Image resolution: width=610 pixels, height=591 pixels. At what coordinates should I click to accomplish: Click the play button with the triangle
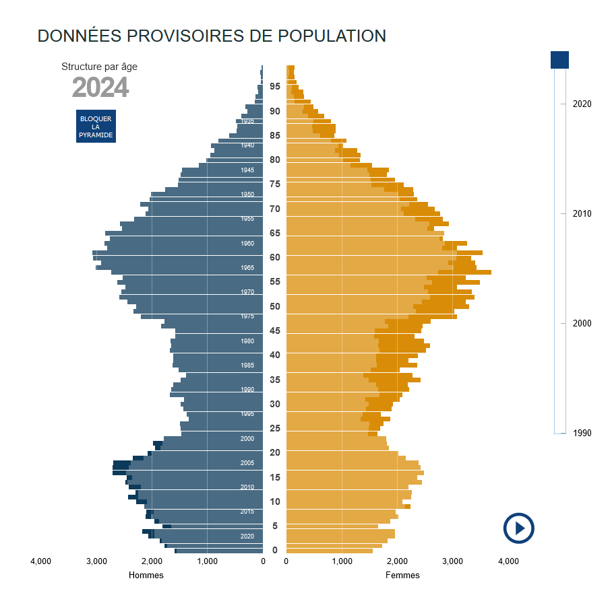[518, 528]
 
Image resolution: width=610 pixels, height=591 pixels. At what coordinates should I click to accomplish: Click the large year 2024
[100, 88]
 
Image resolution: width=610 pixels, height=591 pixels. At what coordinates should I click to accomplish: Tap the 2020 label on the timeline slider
[582, 104]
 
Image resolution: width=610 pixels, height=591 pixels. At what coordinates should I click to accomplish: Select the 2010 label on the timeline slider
[582, 213]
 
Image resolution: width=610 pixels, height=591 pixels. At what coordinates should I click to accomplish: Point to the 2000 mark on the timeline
[582, 323]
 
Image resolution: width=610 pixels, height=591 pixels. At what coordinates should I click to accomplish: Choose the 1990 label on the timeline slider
[582, 433]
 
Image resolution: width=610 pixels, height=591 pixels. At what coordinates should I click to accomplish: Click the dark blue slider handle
[559, 59]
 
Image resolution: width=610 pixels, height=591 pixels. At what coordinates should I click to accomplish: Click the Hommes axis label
[146, 575]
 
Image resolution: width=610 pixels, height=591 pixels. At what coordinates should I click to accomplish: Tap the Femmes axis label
[402, 575]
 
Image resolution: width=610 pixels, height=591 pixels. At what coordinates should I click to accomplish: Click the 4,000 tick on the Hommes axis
[40, 561]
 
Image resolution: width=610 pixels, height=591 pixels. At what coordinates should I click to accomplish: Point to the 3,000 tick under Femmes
[452, 561]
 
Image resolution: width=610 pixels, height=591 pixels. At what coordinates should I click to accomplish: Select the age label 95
[275, 86]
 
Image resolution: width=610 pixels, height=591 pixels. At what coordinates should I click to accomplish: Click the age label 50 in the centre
[275, 306]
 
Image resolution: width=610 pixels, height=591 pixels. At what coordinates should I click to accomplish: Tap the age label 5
[275, 526]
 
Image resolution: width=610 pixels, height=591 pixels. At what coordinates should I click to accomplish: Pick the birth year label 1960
[247, 244]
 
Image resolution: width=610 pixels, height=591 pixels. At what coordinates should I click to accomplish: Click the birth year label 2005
[247, 463]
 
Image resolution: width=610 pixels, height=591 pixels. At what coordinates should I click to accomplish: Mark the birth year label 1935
[247, 121]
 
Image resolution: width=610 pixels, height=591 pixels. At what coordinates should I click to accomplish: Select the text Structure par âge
[99, 67]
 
